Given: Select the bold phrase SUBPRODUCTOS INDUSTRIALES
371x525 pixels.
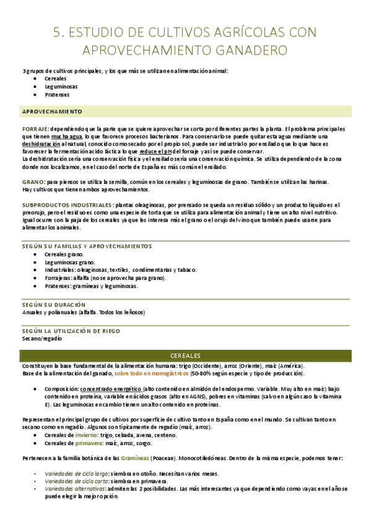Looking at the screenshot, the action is [x=68, y=204].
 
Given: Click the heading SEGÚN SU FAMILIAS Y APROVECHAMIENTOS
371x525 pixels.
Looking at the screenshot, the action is [x=81, y=246].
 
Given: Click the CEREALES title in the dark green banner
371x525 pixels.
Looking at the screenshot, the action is [x=185, y=355].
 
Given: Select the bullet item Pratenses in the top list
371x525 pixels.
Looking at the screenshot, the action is [x=57, y=95].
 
